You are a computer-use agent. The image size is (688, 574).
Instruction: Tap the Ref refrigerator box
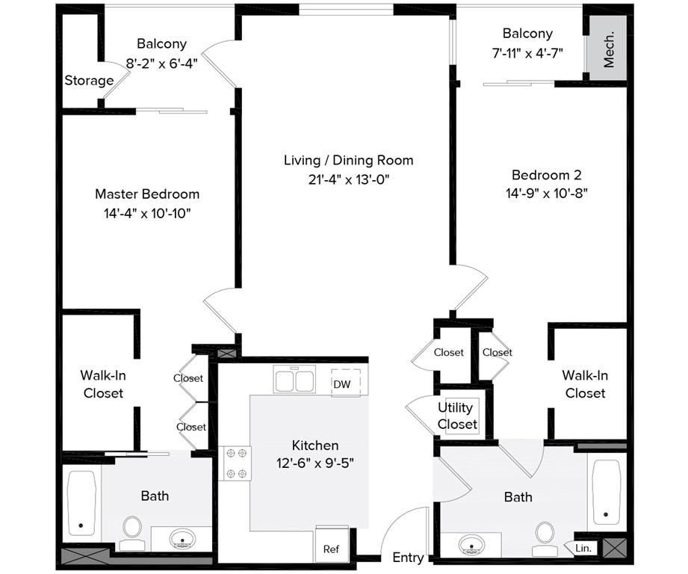pyautogui.click(x=331, y=549)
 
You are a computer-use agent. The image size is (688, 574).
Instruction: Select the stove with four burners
pyautogui.click(x=235, y=463)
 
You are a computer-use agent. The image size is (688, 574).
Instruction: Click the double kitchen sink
pyautogui.click(x=294, y=380)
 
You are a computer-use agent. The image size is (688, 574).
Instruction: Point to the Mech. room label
pyautogui.click(x=609, y=50)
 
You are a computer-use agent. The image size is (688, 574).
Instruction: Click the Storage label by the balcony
pyautogui.click(x=89, y=81)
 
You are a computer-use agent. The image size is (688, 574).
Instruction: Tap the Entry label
pyautogui.click(x=408, y=558)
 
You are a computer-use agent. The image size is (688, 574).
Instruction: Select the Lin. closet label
pyautogui.click(x=583, y=548)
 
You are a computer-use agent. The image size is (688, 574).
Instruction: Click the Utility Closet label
pyautogui.click(x=456, y=416)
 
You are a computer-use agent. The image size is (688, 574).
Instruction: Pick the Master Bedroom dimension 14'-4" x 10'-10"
pyautogui.click(x=147, y=214)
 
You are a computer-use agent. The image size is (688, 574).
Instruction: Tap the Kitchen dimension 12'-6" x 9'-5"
pyautogui.click(x=314, y=463)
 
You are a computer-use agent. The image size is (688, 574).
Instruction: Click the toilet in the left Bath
pyautogui.click(x=133, y=528)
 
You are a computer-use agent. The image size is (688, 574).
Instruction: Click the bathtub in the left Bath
pyautogui.click(x=81, y=503)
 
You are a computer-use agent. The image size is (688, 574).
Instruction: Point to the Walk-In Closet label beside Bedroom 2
pyautogui.click(x=585, y=384)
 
